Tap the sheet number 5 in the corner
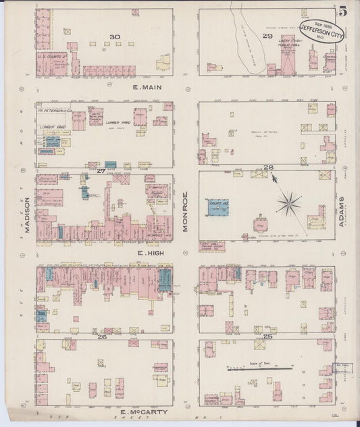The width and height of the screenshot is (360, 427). click(x=344, y=11)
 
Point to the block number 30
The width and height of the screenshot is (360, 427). click(x=114, y=37)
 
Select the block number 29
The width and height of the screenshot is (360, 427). click(x=267, y=35)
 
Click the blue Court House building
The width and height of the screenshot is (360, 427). click(x=217, y=207)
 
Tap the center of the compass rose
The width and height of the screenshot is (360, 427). click(x=289, y=203)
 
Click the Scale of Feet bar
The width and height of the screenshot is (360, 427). click(x=260, y=369)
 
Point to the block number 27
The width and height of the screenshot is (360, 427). click(x=101, y=171)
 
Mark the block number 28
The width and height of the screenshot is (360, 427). click(x=267, y=167)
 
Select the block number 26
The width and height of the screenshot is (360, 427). click(x=102, y=336)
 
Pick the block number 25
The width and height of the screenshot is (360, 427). click(x=267, y=336)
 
